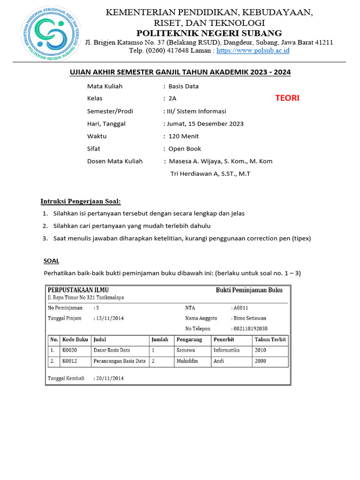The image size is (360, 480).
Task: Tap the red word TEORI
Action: coord(287,98)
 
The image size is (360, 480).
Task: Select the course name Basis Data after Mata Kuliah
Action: coord(183,86)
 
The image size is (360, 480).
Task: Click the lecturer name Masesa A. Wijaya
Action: coord(197,161)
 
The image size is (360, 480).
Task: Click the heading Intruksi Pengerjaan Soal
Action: coord(81,202)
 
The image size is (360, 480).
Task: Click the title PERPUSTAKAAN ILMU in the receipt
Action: coord(78,290)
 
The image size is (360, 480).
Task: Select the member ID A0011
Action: coord(240,308)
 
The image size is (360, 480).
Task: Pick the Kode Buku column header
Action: coord(75,339)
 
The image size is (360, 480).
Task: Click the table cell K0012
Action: coord(69,361)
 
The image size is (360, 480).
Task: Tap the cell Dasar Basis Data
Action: coord(112,350)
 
